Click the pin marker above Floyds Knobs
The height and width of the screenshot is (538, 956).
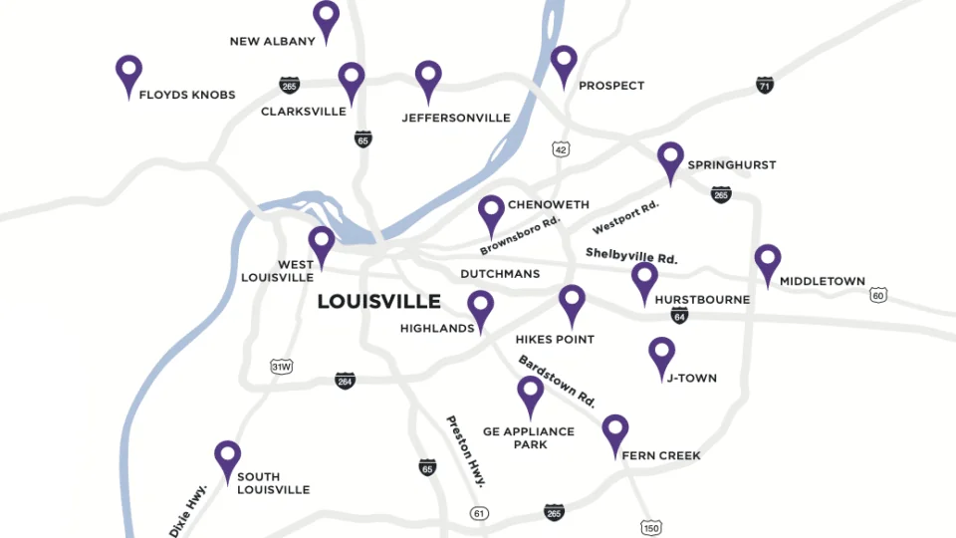coord(128,72)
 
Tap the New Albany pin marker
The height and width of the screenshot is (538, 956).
coord(326,18)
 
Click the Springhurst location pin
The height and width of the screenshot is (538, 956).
coord(671,158)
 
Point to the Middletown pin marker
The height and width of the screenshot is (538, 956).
coord(767,261)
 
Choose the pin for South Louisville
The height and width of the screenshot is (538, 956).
coord(228,458)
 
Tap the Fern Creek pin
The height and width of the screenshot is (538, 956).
coord(615,431)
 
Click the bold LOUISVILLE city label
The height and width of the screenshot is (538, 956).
coord(378,301)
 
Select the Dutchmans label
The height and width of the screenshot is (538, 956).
coord(500,273)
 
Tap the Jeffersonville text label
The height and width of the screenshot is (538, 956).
coord(456,118)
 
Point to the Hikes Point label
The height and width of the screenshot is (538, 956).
coord(555,339)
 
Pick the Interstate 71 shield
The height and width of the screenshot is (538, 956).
coord(765,85)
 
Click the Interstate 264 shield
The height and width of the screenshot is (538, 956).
coord(345,380)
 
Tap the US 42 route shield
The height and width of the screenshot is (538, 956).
coord(562,149)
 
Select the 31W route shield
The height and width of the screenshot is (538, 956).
coord(282,367)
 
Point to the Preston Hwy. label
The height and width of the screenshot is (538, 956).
coord(465,450)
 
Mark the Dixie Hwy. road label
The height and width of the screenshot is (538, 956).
coord(188,510)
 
